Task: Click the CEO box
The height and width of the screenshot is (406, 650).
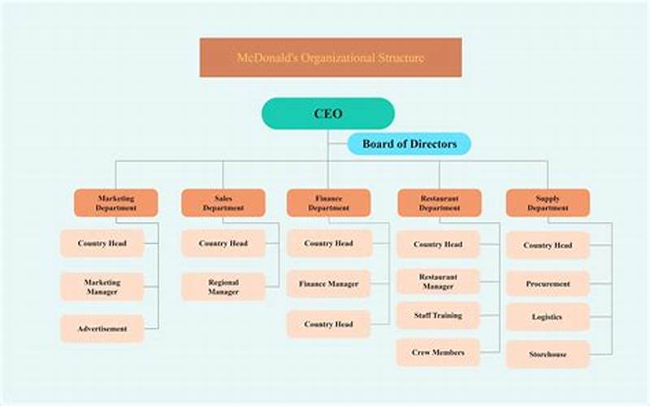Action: (327, 114)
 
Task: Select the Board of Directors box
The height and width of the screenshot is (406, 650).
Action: (409, 144)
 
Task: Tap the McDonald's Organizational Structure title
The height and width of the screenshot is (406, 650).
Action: (331, 58)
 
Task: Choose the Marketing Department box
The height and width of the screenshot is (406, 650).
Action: (116, 203)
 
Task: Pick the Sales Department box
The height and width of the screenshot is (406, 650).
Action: (223, 203)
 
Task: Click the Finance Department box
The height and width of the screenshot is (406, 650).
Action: (328, 203)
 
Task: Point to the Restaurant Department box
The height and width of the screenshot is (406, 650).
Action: (439, 203)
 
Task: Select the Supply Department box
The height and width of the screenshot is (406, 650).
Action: (548, 203)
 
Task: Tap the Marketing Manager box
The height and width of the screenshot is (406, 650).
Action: (102, 286)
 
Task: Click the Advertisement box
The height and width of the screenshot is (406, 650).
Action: (102, 329)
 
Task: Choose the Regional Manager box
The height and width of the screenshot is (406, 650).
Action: (223, 286)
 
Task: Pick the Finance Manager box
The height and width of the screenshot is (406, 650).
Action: (328, 284)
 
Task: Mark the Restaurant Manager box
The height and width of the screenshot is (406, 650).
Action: (438, 282)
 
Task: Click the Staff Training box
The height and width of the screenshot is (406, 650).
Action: (438, 315)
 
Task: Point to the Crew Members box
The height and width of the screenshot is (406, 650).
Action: (438, 352)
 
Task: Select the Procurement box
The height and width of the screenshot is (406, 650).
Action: (548, 284)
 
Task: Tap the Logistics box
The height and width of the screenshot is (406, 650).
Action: (548, 317)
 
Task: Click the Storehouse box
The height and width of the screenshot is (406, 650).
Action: (548, 354)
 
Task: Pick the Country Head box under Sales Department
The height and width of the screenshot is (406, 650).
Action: (223, 243)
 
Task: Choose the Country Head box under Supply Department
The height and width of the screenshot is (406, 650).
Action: (548, 245)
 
